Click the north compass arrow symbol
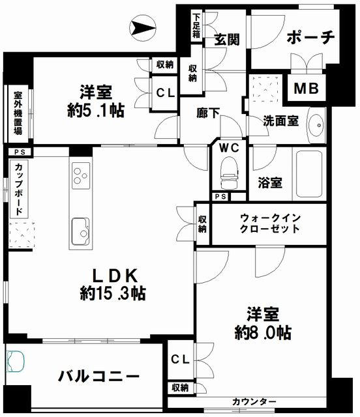pyautogui.click(x=142, y=27)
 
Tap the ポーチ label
pyautogui.click(x=310, y=37)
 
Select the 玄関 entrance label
pyautogui.click(x=226, y=39)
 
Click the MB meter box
pyautogui.click(x=306, y=88)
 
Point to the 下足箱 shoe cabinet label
pyautogui.click(x=196, y=25)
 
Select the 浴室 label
pyautogui.click(x=269, y=182)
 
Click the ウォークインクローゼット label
pyautogui.click(x=269, y=223)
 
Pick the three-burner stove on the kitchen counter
pyautogui.click(x=79, y=177)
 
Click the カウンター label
pyautogui.click(x=254, y=401)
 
